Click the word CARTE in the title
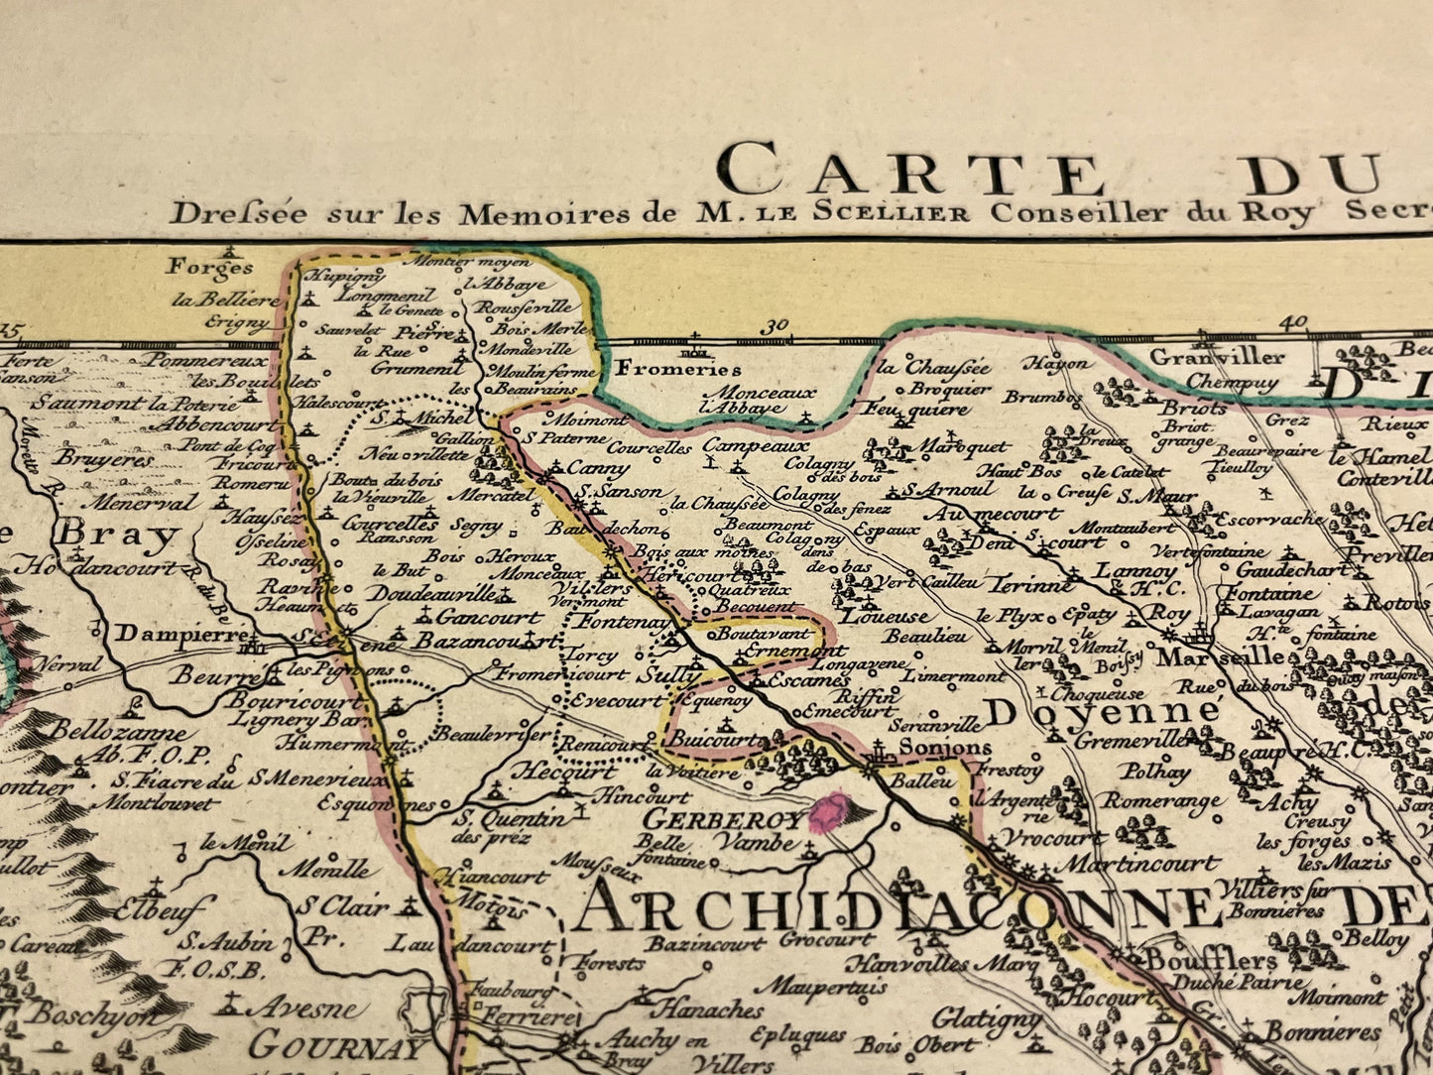tap(912, 170)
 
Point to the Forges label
tap(209, 267)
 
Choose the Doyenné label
tap(1102, 711)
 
